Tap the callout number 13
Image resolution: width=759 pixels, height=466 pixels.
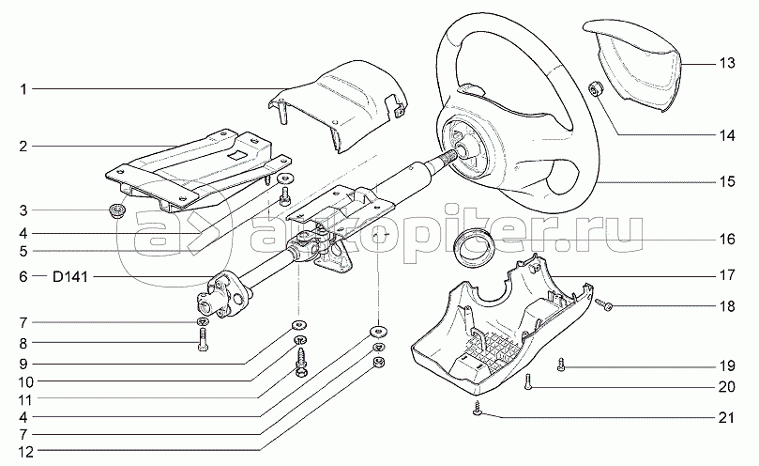[727, 64]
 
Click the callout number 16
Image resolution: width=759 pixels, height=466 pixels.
[727, 239]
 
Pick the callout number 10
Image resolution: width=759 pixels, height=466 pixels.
[23, 381]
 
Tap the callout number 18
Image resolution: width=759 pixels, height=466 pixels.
[727, 306]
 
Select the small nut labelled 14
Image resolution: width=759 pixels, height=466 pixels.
[594, 89]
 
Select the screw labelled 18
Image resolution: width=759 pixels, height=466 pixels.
[604, 304]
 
